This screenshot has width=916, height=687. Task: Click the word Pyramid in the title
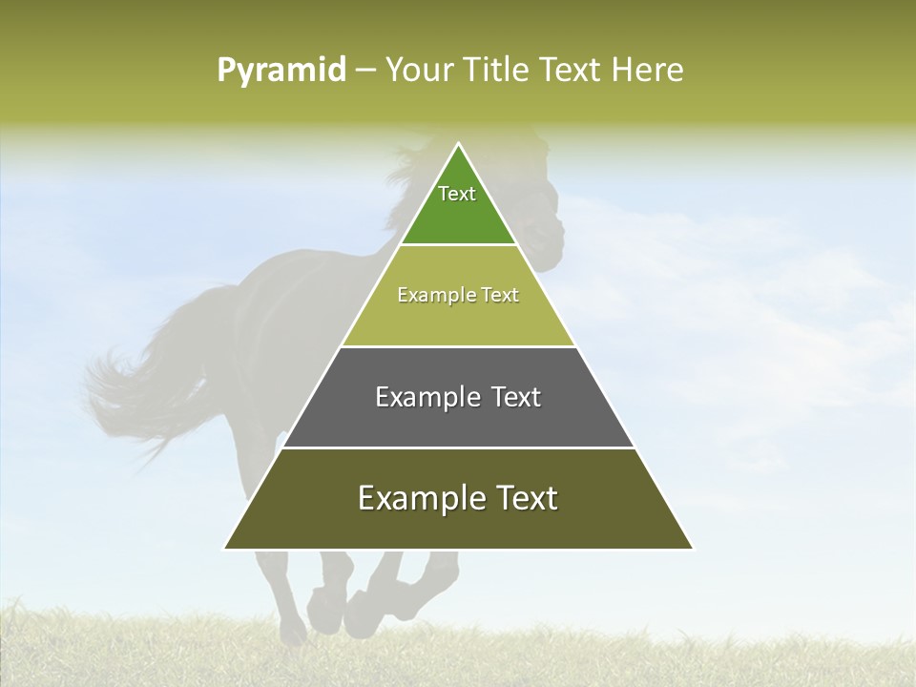tap(281, 71)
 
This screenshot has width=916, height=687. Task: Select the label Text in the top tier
tap(457, 194)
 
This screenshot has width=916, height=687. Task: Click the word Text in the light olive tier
tap(500, 295)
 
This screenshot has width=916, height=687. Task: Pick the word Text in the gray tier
tap(515, 397)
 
